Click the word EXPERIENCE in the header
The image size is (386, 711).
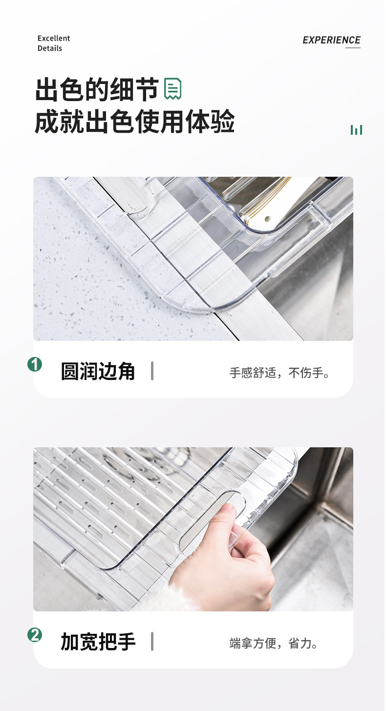331,40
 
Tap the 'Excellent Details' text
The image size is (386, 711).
54,43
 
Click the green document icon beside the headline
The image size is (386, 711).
173,89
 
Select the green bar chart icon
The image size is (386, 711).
356,130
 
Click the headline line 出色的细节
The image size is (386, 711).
97,90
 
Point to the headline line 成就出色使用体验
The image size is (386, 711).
134,122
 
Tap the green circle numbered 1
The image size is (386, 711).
35,364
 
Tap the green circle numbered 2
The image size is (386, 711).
35,635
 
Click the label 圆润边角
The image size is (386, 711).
98,372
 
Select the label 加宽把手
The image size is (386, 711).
98,642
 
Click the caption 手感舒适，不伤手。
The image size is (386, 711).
280,373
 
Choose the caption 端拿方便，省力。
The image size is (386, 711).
274,643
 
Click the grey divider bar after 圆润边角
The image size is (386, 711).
152,371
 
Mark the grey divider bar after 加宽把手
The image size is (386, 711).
152,641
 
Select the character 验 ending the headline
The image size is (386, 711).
223,122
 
